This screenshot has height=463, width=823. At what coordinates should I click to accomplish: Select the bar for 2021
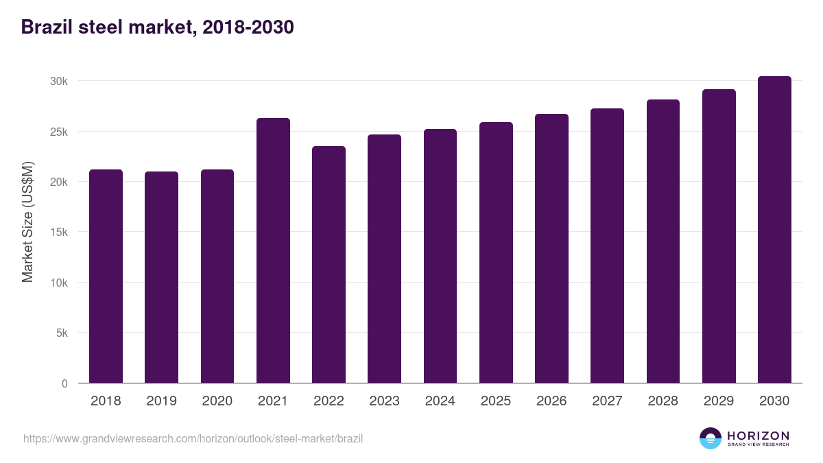tap(273, 250)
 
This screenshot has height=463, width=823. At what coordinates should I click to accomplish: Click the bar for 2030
tap(774, 230)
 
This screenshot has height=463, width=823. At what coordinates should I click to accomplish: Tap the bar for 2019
tap(161, 277)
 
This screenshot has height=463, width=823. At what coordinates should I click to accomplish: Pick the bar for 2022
tap(329, 265)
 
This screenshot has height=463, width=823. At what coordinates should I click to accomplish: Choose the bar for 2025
tap(496, 252)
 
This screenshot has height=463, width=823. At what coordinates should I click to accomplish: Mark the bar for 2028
tap(663, 241)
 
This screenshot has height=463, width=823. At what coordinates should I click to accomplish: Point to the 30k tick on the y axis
tap(59, 81)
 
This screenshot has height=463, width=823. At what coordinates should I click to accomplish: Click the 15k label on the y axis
tap(59, 233)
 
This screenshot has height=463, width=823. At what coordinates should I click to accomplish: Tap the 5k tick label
tap(62, 333)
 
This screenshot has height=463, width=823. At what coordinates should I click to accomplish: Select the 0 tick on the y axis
tap(64, 383)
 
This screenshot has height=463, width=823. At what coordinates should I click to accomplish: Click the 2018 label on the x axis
tap(106, 401)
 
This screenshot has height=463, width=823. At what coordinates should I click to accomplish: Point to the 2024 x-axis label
tap(440, 401)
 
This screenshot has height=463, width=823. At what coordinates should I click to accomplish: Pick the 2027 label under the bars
tap(607, 401)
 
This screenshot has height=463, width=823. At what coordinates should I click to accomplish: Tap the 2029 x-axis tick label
tap(719, 401)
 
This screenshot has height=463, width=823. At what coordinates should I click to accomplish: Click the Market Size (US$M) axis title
tap(27, 222)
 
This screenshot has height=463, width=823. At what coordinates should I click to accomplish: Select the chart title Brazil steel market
tap(158, 27)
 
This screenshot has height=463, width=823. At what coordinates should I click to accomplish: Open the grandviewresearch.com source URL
tap(193, 438)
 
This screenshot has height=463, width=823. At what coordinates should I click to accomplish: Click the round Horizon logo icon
tap(711, 438)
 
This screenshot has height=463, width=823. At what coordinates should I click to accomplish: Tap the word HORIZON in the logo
tap(758, 435)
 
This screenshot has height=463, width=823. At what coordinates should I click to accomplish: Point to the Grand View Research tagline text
tap(758, 444)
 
